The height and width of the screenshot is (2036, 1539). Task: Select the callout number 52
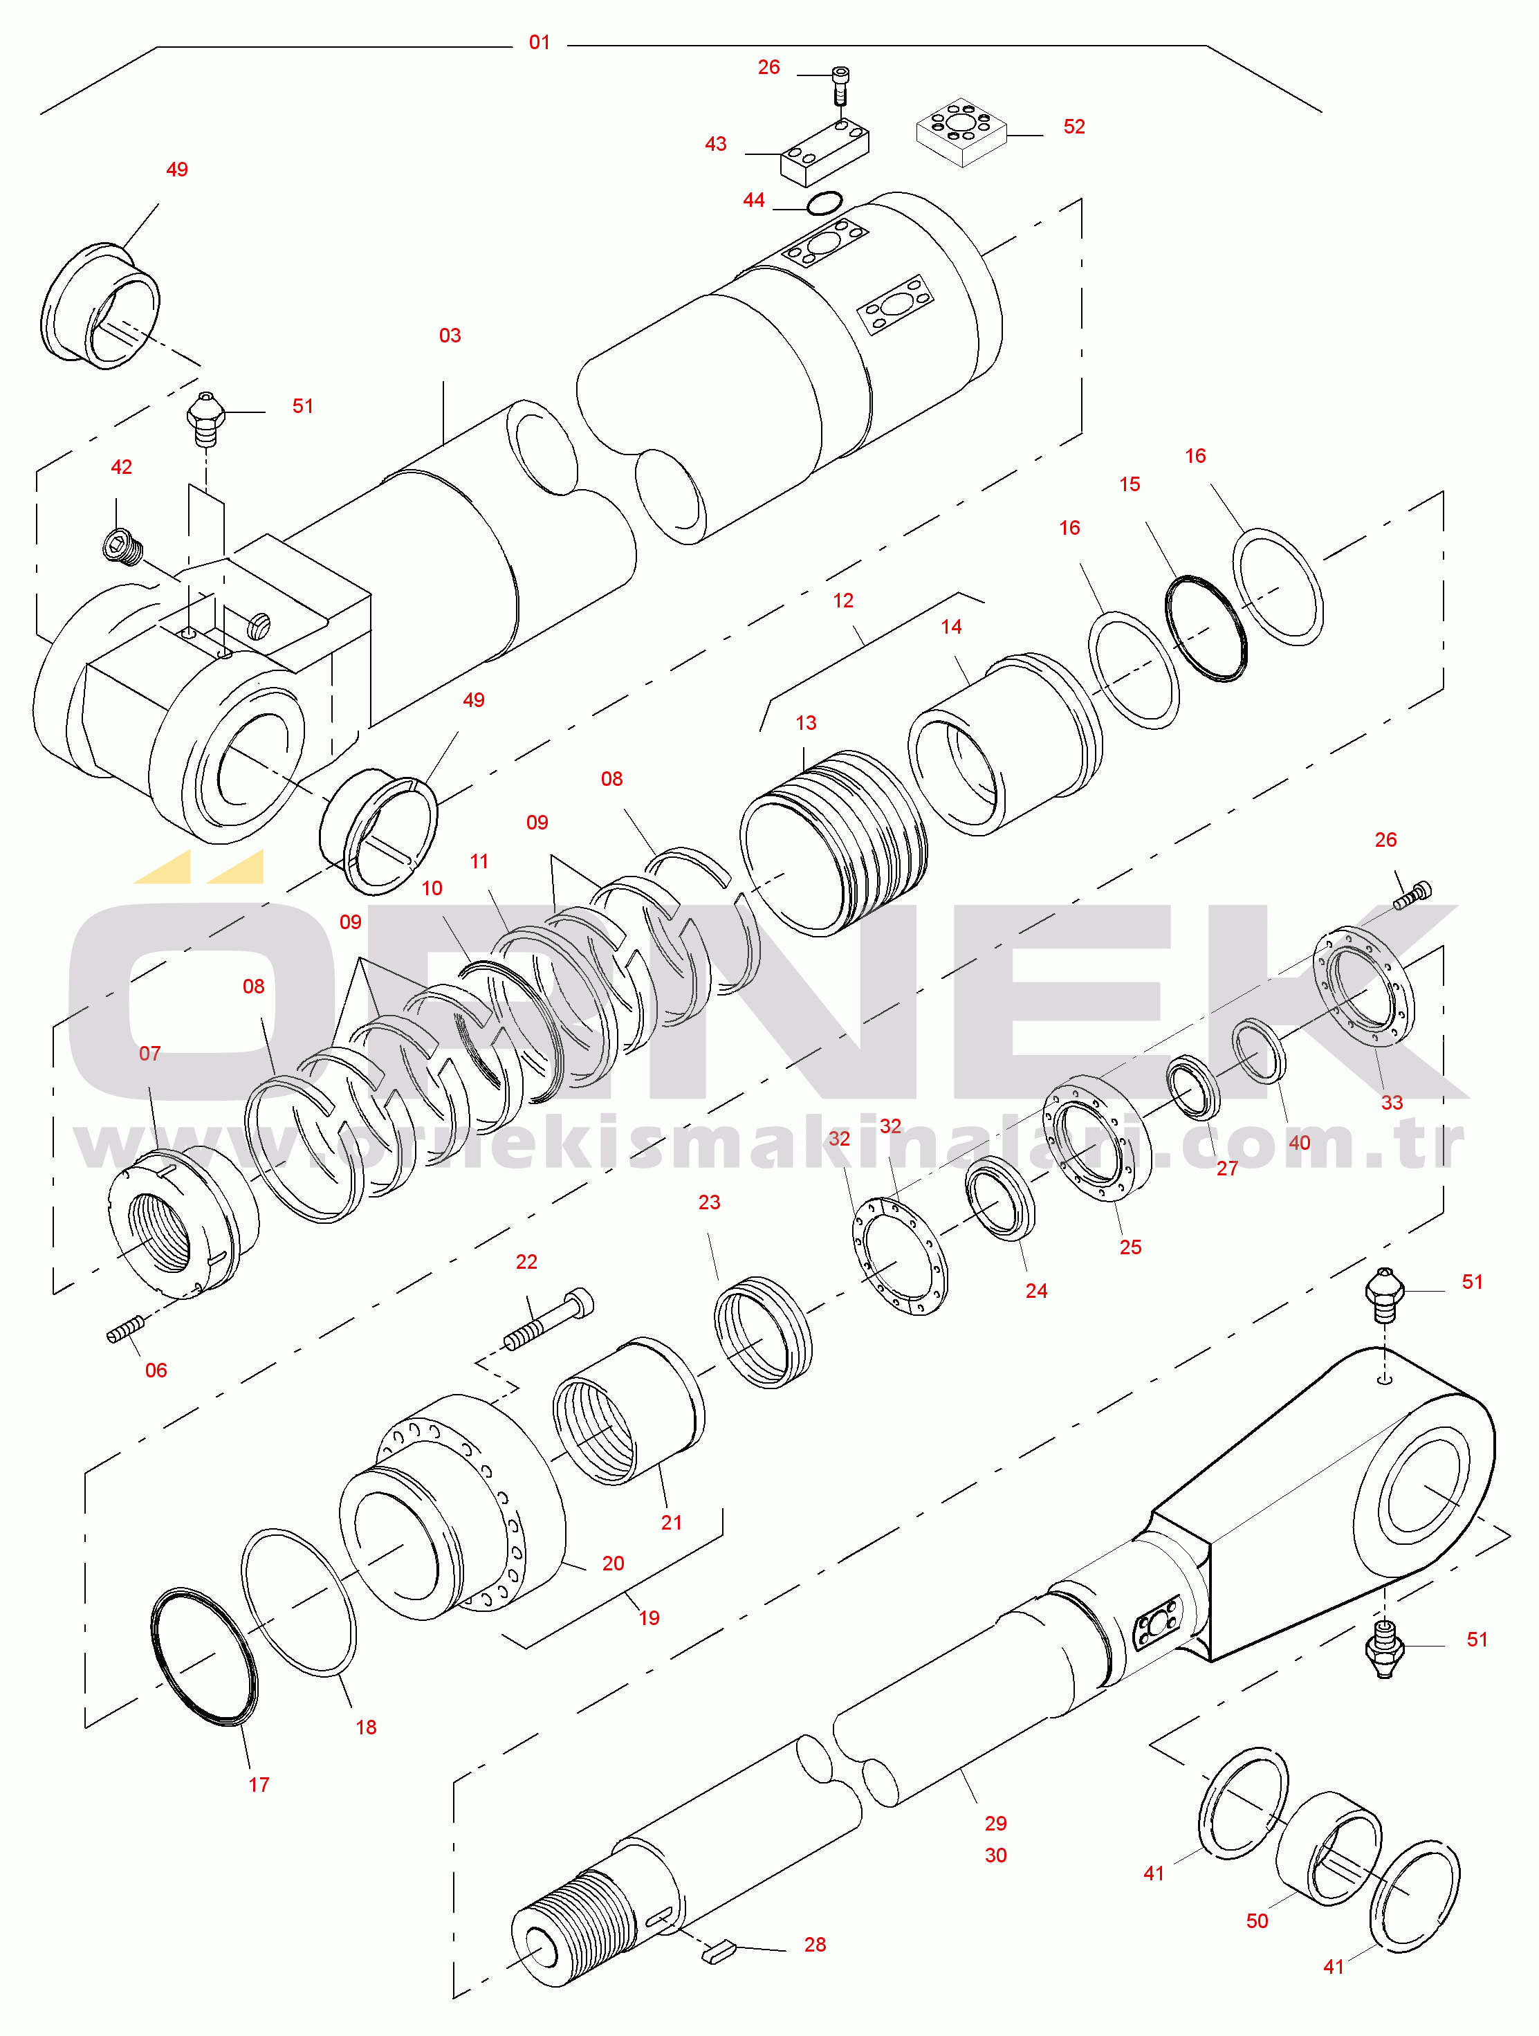point(1074,127)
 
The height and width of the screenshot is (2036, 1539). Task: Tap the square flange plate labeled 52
point(961,131)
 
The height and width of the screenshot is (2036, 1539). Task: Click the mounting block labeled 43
point(824,153)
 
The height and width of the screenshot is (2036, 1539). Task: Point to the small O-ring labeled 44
point(824,203)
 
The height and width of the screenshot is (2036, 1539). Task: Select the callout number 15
point(1130,485)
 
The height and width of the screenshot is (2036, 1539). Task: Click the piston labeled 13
point(833,842)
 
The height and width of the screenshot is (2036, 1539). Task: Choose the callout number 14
point(951,627)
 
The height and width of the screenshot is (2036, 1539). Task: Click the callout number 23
point(709,1203)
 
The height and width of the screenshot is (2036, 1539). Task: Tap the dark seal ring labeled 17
point(204,1657)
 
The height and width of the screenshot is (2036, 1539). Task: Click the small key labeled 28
point(718,1950)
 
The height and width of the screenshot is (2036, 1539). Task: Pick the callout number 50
point(1256,1914)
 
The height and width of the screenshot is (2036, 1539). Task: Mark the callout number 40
point(1299,1143)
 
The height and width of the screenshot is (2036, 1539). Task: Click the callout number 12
point(843,601)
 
